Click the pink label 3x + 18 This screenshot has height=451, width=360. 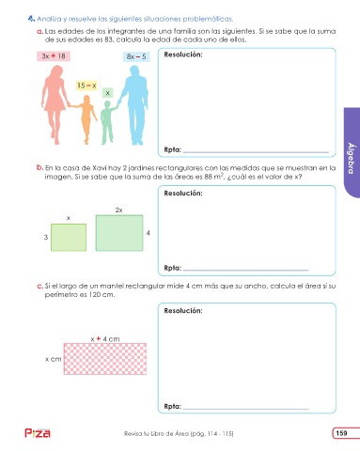54,56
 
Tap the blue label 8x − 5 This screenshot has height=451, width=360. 136,56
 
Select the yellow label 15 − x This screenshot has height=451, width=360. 86,86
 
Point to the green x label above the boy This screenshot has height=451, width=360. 107,93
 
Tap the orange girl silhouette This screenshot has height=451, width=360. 86,119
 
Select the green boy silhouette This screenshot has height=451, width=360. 108,122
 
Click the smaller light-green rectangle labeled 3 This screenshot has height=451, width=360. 69,238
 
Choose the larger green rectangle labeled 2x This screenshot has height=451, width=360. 119,233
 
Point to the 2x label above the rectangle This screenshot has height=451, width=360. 118,210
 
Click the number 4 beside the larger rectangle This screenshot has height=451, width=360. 148,233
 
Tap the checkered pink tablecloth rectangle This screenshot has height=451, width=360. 105,359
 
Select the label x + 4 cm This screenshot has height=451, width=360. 105,339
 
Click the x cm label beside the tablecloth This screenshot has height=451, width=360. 54,359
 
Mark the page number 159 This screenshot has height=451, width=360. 341,433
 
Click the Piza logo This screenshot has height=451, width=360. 38,433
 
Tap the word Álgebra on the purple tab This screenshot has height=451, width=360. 352,158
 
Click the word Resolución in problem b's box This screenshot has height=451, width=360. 183,194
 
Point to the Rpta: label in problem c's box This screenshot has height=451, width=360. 173,407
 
